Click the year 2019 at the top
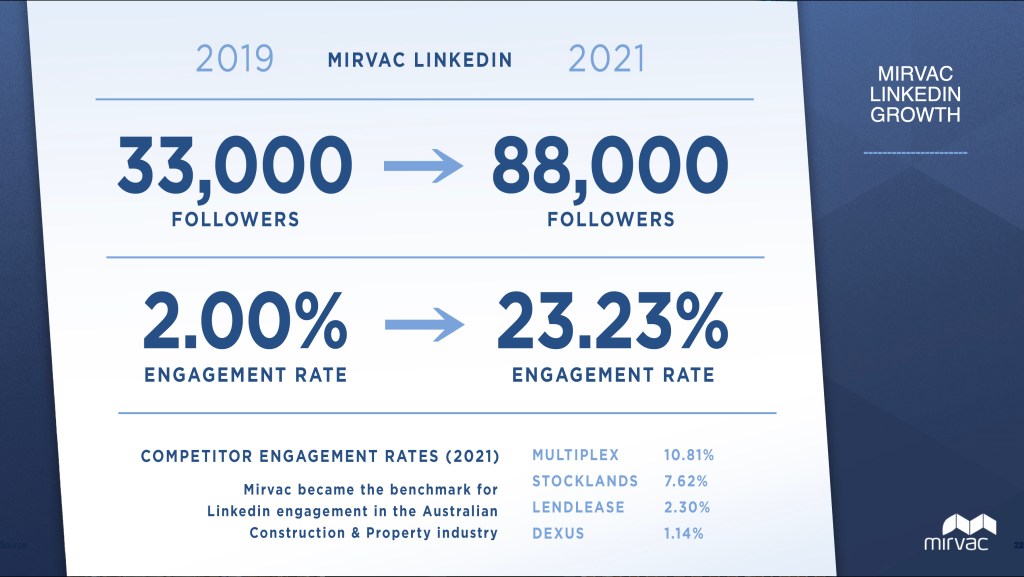(234, 59)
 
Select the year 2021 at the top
(606, 59)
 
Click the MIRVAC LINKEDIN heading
(420, 60)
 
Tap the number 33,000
(235, 166)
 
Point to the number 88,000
(610, 166)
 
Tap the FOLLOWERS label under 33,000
(235, 220)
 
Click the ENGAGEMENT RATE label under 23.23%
(613, 376)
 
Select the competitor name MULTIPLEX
(574, 456)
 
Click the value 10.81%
(689, 456)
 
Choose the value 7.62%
(685, 482)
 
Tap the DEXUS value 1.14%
(684, 533)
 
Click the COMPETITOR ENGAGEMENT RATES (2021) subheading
(320, 457)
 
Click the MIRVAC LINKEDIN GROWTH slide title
(915, 95)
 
